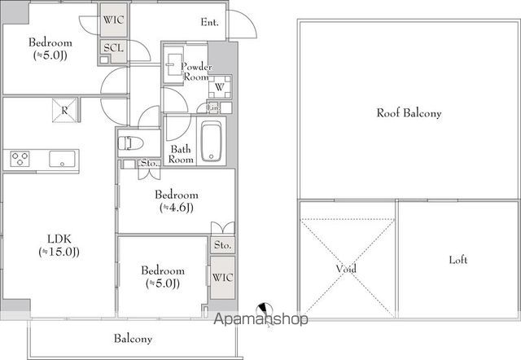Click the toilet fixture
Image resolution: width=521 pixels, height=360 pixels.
[130, 143]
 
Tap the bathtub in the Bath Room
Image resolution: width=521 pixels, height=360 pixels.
[212, 141]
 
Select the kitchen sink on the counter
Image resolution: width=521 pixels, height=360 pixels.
[62, 159]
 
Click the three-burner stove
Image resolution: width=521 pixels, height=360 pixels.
[20, 159]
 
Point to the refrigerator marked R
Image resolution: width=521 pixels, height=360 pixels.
[64, 110]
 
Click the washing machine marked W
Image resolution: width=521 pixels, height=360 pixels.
[220, 87]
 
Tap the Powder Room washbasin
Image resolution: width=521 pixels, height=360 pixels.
[173, 64]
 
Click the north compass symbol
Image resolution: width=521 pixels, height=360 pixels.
[265, 311]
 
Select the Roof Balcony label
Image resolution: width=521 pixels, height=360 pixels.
[409, 113]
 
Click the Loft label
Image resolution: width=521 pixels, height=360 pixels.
[458, 260]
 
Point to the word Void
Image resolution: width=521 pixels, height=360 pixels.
[346, 268]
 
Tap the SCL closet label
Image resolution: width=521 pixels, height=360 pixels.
[113, 48]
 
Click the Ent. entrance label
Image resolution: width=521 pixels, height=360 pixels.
[210, 22]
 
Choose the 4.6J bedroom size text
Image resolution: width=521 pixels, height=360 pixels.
[177, 208]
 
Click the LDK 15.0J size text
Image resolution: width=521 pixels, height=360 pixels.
[59, 252]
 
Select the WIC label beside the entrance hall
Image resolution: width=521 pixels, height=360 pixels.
[113, 20]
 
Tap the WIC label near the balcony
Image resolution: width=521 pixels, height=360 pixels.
[222, 277]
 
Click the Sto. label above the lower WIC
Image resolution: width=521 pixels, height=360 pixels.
[222, 245]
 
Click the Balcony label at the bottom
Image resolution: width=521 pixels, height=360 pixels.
[134, 338]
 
